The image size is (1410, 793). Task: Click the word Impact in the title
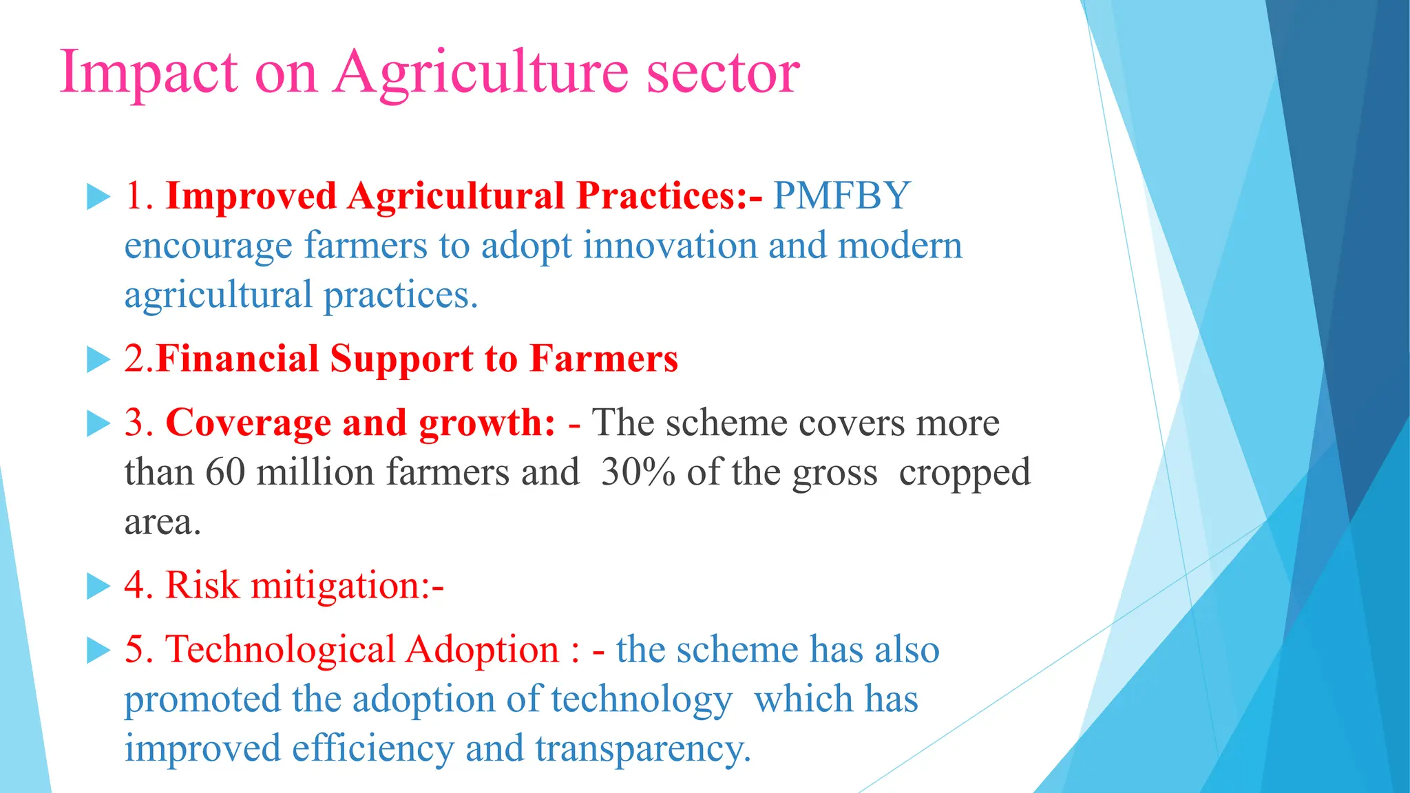(148, 72)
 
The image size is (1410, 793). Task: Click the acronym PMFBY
(841, 195)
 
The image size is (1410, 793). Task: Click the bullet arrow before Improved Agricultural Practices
(98, 198)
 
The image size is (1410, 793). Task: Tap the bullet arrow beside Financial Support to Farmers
(98, 360)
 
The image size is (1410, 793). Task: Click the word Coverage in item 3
(248, 422)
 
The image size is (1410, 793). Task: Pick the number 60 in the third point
(225, 472)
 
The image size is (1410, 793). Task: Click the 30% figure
(638, 472)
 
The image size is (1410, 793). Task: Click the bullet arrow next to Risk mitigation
(98, 586)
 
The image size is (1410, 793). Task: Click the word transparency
(642, 749)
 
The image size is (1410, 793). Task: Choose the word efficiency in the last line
(372, 749)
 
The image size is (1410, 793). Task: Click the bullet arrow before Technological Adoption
(98, 651)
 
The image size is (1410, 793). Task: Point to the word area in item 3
(162, 522)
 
